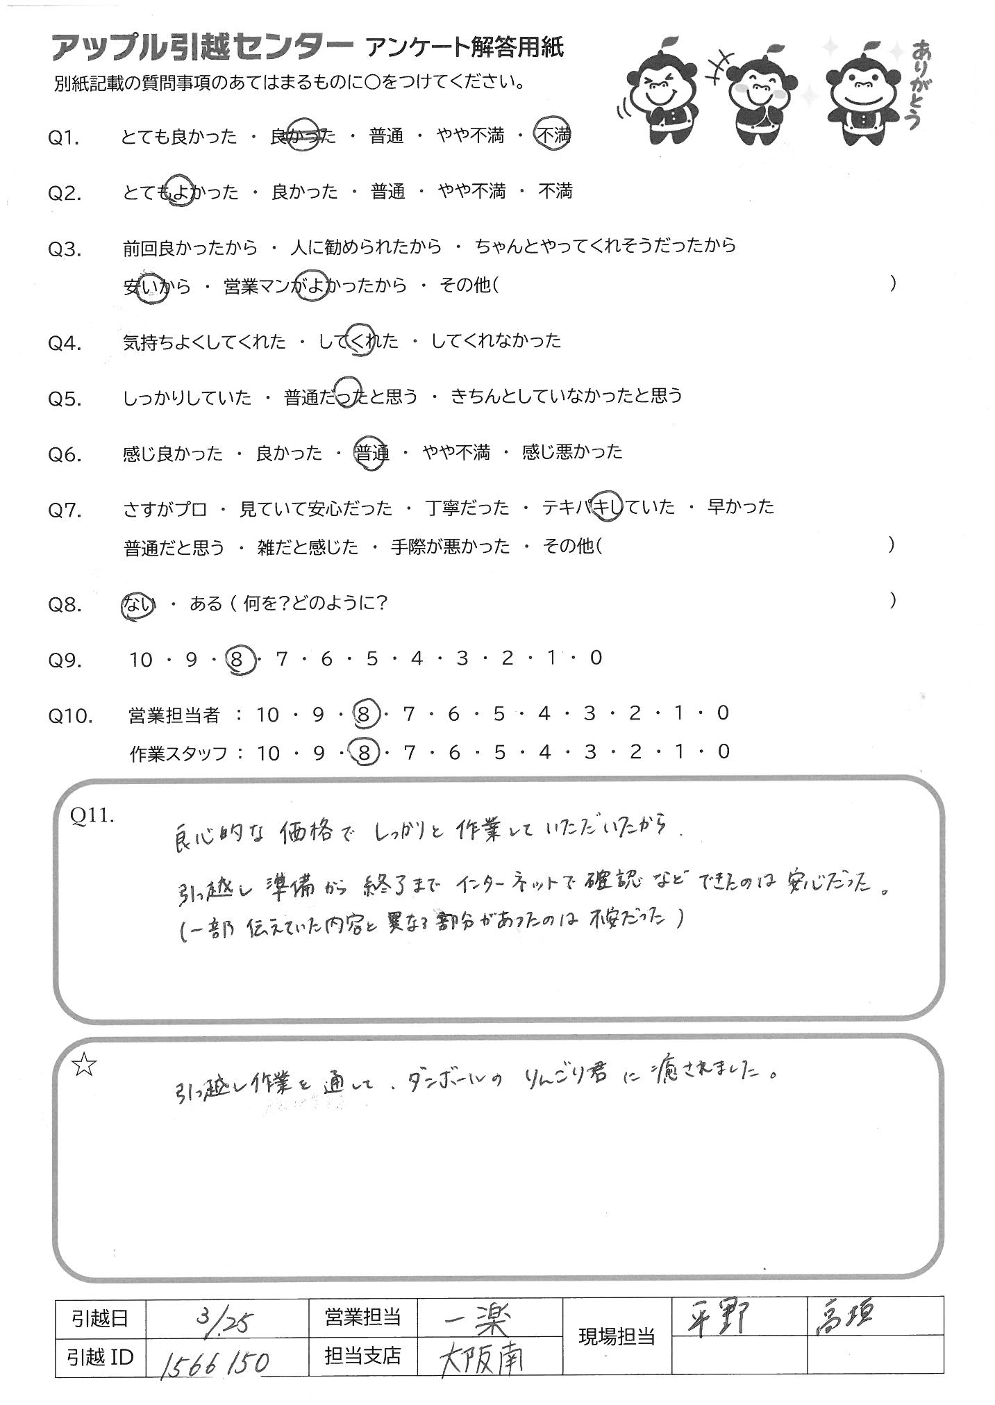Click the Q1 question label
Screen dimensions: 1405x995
[x=64, y=138]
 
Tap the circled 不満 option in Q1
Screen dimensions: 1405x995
[x=554, y=135]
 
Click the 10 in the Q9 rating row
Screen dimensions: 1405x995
[x=140, y=659]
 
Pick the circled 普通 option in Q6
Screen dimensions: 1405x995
[x=371, y=454]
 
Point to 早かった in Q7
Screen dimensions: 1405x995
[x=739, y=507]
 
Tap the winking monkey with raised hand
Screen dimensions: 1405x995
[x=655, y=97]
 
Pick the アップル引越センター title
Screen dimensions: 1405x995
[x=201, y=49]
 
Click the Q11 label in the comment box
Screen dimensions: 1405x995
[x=91, y=815]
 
